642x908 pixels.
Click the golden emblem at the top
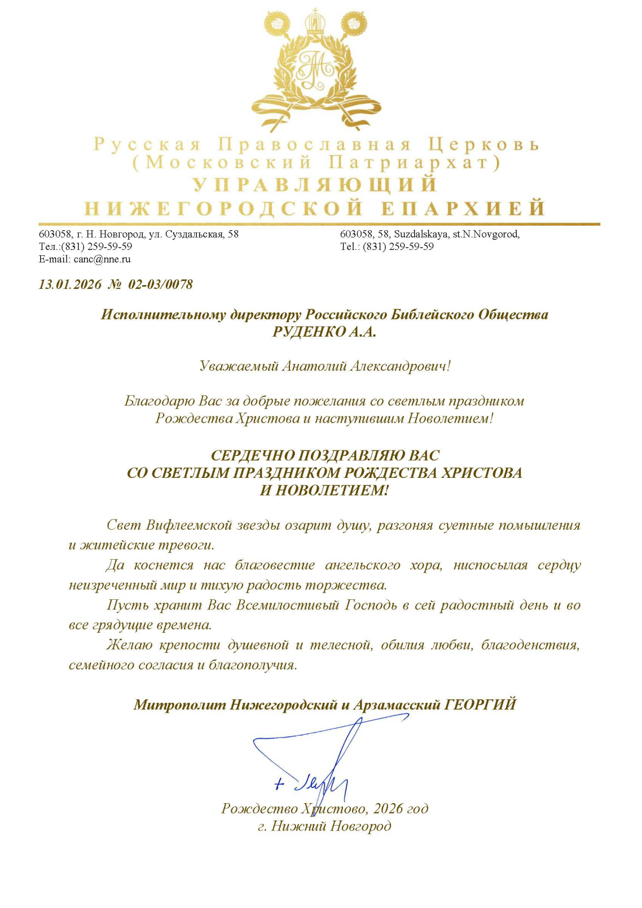click(x=317, y=70)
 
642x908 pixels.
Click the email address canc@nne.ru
click(x=102, y=260)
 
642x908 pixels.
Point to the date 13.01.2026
click(x=70, y=284)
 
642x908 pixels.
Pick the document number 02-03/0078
click(x=160, y=284)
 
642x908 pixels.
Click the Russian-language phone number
click(x=97, y=247)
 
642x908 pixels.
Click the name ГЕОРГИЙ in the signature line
click(x=480, y=704)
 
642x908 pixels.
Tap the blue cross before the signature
click(x=279, y=784)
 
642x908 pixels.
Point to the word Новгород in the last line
click(x=361, y=826)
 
